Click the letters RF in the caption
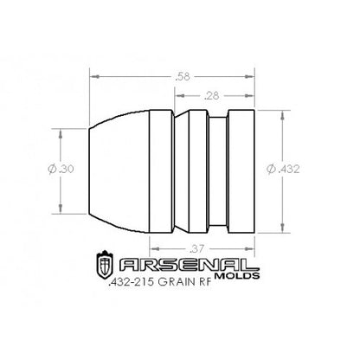pos(227,283)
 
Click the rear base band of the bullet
pos(242,171)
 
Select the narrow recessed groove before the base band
pos(221,171)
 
